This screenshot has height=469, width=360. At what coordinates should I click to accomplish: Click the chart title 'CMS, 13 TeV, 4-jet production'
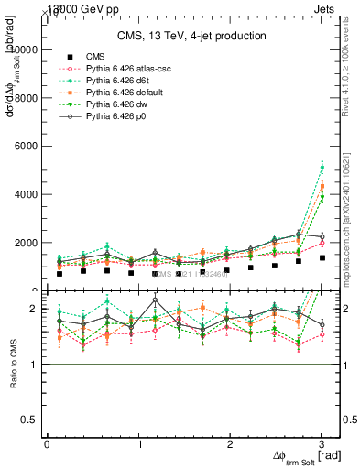[x=191, y=36]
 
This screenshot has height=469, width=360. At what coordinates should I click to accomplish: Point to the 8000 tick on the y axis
[x=26, y=97]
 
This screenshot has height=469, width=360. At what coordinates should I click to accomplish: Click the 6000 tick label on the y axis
[x=26, y=146]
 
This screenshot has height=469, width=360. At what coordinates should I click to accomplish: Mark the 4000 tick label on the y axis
[x=26, y=194]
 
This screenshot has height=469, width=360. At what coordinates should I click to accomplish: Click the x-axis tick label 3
[x=322, y=443]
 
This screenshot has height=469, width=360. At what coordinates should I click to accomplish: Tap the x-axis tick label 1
[x=139, y=443]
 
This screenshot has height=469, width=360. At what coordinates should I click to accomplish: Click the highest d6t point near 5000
[x=322, y=168]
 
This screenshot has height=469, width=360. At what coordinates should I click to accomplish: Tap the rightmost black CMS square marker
[x=322, y=257]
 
